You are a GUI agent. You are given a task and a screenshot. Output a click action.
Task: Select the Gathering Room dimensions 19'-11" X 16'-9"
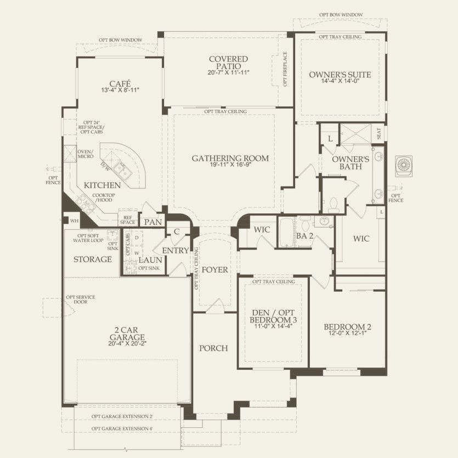point(230,165)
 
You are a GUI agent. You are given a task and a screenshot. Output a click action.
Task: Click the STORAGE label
point(93,259)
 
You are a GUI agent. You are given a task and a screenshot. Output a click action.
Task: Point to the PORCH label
point(213,348)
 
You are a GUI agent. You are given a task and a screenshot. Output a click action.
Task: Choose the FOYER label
point(214,269)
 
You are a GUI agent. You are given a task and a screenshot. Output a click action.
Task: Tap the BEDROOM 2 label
point(348,327)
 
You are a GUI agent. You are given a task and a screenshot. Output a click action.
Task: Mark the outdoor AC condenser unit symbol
point(404,165)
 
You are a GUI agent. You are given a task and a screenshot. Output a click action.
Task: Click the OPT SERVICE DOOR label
point(80,300)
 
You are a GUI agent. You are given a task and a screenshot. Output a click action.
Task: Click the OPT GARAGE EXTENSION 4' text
point(122,428)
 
